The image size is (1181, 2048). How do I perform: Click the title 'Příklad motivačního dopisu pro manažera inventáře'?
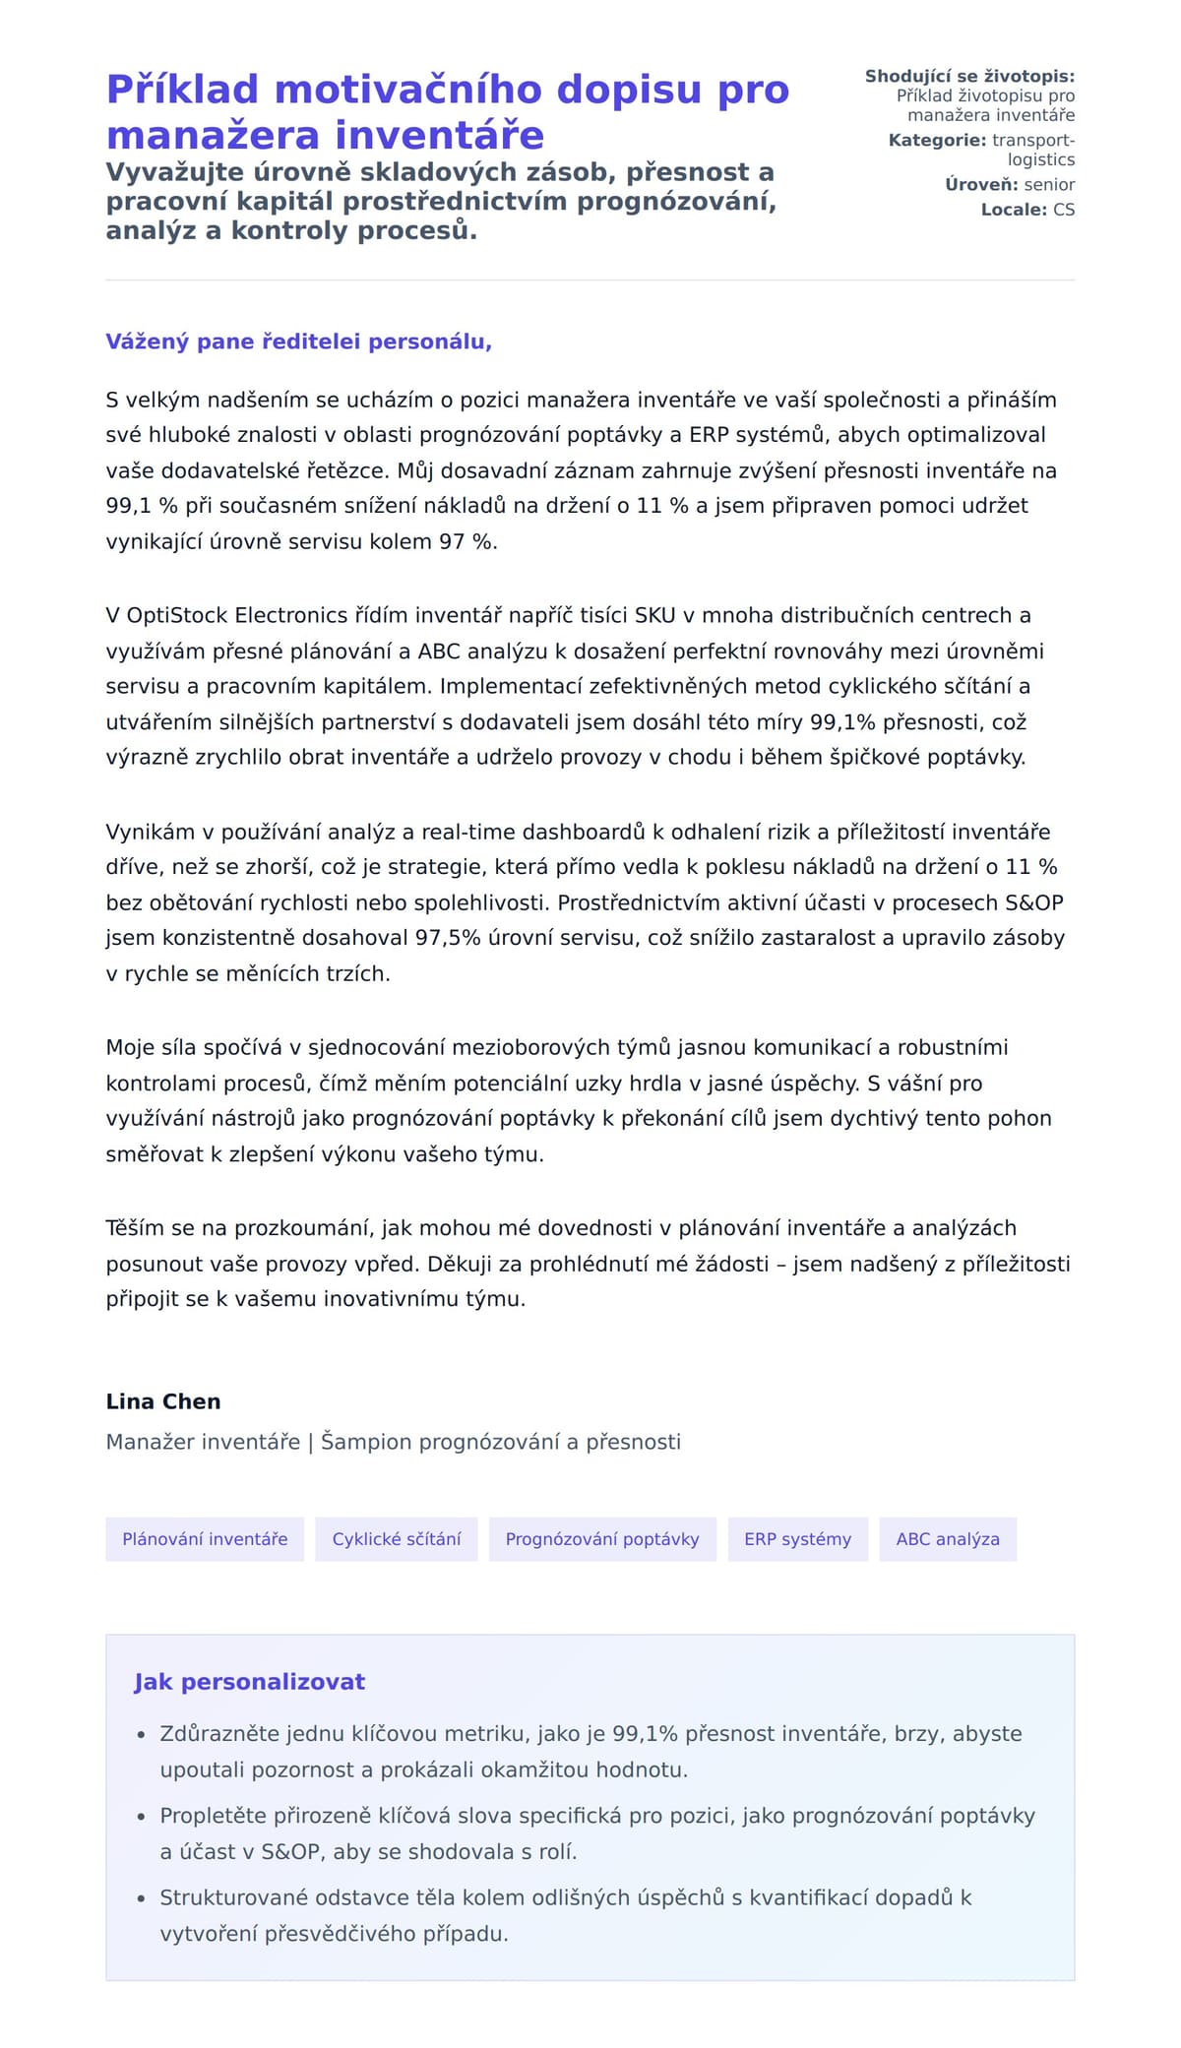[448, 111]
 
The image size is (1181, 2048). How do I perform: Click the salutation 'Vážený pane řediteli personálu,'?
[298, 341]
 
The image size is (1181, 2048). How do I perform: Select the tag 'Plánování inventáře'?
[205, 1539]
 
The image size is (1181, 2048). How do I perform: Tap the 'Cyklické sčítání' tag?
[396, 1539]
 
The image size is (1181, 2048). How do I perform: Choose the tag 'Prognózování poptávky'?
[602, 1539]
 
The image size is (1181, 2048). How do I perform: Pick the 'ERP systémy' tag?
[797, 1539]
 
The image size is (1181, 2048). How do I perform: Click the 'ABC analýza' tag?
[948, 1539]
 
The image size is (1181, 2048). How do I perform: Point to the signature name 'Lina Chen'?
[163, 1401]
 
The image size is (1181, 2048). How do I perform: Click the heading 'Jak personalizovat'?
[249, 1682]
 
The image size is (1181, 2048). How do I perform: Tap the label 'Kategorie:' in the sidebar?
[937, 141]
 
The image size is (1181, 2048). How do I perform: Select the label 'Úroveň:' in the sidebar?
[981, 185]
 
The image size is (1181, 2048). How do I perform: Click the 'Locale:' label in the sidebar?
[1014, 210]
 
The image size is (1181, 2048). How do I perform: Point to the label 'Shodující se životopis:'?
[969, 77]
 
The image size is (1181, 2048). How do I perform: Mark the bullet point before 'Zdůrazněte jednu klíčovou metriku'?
[142, 1735]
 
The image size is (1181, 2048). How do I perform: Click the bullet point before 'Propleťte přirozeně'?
[142, 1817]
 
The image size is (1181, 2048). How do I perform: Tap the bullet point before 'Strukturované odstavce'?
[142, 1898]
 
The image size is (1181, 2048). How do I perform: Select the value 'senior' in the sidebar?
[1049, 185]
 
